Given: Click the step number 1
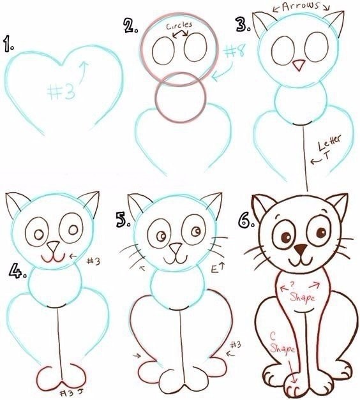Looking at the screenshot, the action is (8, 43).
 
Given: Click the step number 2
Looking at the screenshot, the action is (131, 26).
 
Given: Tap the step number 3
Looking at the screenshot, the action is (243, 24).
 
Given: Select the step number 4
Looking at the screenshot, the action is (18, 272).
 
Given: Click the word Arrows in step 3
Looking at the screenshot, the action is (301, 6).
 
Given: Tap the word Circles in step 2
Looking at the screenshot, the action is (179, 26).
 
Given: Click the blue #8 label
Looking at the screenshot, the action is (234, 50).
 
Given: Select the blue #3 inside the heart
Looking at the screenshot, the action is (62, 92).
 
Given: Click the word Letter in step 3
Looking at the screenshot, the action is (329, 143).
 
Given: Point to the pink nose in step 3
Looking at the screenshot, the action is (299, 65).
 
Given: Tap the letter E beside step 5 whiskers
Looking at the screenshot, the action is (214, 269).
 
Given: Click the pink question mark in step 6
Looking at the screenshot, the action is (292, 284).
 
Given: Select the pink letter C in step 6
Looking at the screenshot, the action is (273, 337).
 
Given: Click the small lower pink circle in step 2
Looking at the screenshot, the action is (181, 98).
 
